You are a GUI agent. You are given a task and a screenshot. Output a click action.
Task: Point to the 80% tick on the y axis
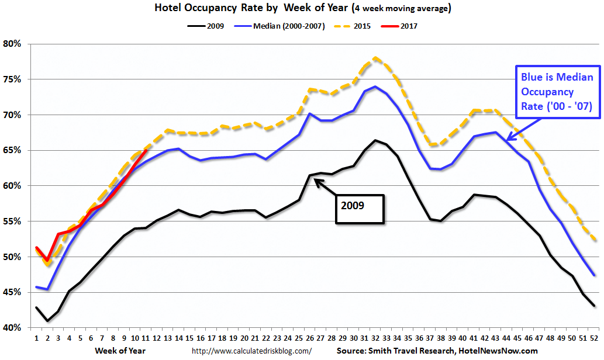point(12,44)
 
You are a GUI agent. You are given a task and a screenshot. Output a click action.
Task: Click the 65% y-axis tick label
point(12,150)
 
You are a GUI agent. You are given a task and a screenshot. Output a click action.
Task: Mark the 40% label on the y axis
point(12,328)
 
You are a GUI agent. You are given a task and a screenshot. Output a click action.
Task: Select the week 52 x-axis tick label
point(593,338)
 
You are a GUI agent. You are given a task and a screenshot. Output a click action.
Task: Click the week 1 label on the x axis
point(36,338)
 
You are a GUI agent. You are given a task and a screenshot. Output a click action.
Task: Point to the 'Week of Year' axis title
point(120,351)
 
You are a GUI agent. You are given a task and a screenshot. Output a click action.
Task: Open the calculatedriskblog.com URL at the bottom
point(252,351)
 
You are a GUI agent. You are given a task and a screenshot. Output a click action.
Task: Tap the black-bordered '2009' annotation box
point(360,209)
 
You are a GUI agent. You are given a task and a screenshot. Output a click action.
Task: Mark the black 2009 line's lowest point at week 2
point(47,321)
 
